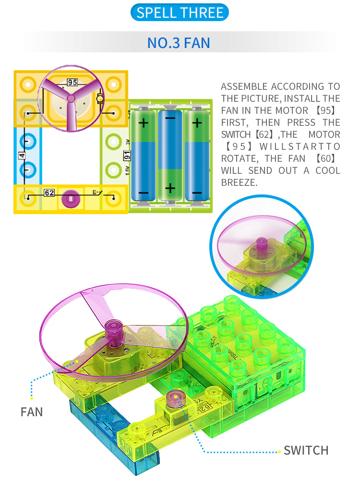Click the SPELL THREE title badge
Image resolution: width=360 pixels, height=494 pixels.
coord(180,12)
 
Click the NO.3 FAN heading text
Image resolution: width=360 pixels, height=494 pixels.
coord(179,43)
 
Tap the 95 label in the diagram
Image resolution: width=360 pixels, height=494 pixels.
coord(72,82)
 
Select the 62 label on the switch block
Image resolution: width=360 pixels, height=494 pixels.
coord(49,193)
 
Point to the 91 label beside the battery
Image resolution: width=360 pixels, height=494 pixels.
coord(127,155)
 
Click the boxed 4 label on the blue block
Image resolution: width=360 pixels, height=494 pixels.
coord(22,156)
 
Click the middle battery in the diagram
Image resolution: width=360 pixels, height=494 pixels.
coord(170,155)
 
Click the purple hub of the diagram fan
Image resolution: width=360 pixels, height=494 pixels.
coord(71,98)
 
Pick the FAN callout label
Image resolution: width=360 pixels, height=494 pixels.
coord(32,412)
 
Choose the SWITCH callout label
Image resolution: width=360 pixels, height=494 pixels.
coord(306,450)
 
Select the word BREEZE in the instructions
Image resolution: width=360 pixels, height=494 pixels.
coord(239,182)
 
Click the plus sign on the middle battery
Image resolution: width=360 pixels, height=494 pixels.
coord(170,188)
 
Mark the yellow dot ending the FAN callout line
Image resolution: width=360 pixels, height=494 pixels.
coord(32,398)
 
